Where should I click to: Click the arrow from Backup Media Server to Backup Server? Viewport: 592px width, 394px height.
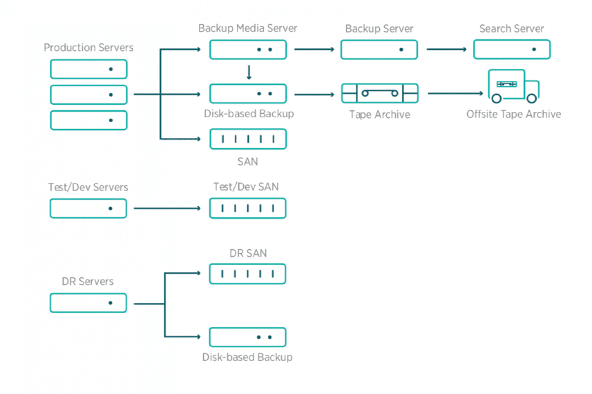tap(314, 49)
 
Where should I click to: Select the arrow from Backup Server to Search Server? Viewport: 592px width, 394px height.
tap(446, 49)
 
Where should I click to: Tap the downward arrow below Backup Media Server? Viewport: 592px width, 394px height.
tap(249, 72)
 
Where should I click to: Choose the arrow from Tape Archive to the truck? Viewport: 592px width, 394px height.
tap(455, 93)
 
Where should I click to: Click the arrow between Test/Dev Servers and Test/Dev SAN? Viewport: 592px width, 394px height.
tap(167, 208)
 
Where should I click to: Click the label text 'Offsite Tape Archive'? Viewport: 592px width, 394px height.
tap(514, 114)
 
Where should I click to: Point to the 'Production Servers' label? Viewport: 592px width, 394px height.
tap(88, 47)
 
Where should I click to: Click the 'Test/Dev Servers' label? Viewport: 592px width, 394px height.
tap(88, 187)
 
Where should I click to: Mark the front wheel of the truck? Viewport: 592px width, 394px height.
tap(532, 98)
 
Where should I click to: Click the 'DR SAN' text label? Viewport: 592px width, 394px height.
tap(248, 253)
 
